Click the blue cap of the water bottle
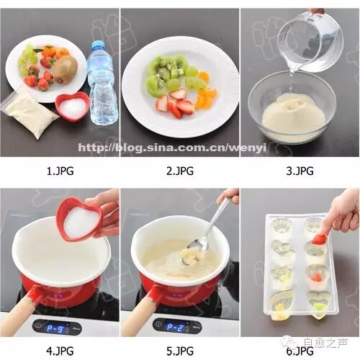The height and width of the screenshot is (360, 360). tap(98, 45)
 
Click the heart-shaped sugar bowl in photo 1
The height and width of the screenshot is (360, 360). tap(73, 106)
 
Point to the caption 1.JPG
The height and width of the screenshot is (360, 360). tap(60, 171)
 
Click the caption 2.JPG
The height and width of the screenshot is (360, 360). tap(180, 171)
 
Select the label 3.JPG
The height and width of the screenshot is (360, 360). tap(300, 171)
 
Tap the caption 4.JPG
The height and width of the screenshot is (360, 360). tap(60, 351)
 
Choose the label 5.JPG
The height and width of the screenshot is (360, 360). tap(180, 351)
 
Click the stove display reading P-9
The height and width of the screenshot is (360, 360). tap(55, 328)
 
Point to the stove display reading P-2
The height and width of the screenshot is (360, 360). tap(176, 328)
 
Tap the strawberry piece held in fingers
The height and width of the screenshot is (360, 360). tap(319, 239)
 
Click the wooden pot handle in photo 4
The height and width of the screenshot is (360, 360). tap(19, 310)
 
